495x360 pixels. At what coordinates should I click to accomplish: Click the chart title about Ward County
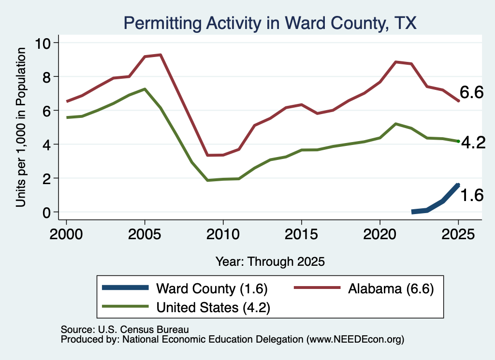pos(270,23)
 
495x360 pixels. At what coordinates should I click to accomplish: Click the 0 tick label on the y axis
pos(47,212)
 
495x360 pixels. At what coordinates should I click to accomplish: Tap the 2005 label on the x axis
pos(145,234)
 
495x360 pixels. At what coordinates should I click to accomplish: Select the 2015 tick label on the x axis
pos(302,234)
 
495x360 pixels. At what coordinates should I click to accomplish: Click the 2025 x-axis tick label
pos(458,234)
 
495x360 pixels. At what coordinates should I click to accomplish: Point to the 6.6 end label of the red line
pos(471,92)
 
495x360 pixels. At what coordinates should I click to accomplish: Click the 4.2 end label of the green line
pos(473,143)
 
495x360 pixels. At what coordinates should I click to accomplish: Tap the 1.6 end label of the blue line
pos(472,195)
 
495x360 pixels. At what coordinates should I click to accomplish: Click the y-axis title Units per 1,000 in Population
pos(20,127)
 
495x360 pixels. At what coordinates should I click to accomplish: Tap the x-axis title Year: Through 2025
pos(270,261)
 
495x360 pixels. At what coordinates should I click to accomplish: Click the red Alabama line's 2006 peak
pos(160,55)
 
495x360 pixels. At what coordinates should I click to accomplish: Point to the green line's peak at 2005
pos(145,89)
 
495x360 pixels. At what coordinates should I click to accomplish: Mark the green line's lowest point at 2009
pos(207,180)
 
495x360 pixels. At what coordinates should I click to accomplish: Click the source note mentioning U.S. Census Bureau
pos(125,330)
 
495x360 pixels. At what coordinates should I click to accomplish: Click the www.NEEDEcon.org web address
pos(355,339)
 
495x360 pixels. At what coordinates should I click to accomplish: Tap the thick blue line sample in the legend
pos(125,288)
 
